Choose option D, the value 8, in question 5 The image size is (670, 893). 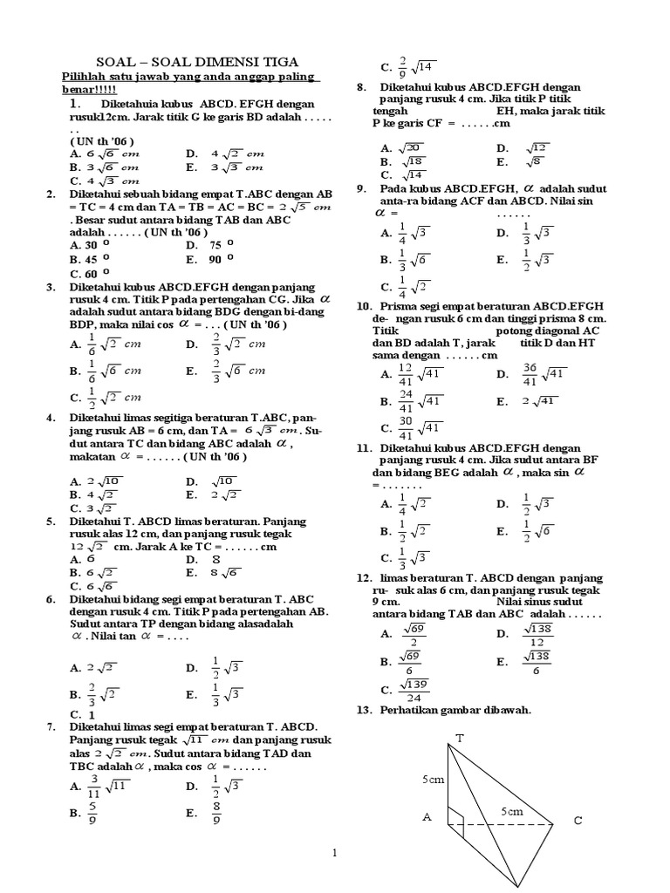tap(214, 559)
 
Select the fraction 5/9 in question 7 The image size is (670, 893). tap(93, 813)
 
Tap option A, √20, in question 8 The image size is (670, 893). tap(412, 148)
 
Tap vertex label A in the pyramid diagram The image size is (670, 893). tap(427, 817)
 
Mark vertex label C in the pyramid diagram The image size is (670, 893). tap(578, 821)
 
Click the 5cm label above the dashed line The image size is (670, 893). tap(511, 811)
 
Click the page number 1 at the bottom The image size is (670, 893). tap(335, 853)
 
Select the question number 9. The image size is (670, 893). tap(360, 188)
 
